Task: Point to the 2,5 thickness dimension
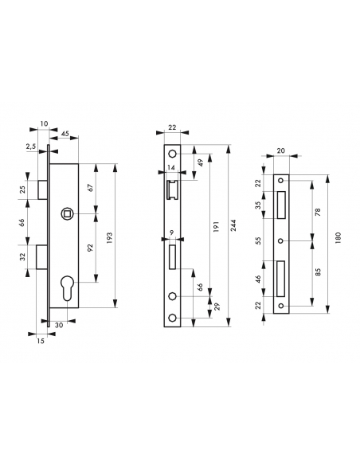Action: [x=29, y=147]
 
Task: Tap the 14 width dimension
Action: [x=172, y=169]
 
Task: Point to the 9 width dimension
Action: [x=172, y=233]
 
